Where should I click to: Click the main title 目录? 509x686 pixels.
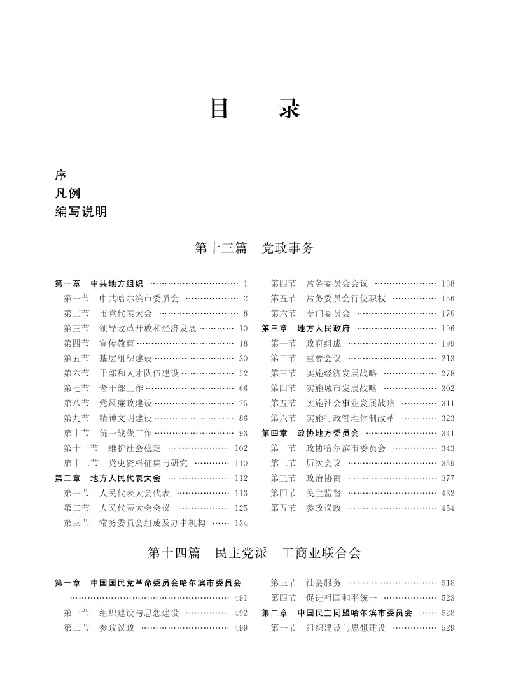click(x=254, y=109)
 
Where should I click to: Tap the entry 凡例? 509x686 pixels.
click(x=67, y=194)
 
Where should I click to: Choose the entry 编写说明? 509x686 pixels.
click(x=81, y=212)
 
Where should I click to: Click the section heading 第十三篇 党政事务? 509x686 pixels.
click(x=254, y=248)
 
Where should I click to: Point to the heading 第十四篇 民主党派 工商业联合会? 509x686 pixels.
click(x=254, y=553)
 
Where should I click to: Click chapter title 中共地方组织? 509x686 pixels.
click(x=116, y=283)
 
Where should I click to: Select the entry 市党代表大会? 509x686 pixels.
click(x=125, y=313)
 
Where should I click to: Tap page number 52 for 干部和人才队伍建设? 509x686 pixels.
click(x=242, y=373)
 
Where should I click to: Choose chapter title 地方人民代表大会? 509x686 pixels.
click(x=125, y=478)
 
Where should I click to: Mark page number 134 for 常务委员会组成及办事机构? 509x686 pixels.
click(x=241, y=523)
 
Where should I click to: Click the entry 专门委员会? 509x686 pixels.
click(x=328, y=313)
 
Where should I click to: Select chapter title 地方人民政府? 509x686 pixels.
click(x=324, y=328)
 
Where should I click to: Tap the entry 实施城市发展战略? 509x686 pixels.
click(x=341, y=388)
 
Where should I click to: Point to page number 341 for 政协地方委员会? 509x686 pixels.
click(x=447, y=433)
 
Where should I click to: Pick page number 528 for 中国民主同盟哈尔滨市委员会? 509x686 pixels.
click(x=447, y=613)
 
